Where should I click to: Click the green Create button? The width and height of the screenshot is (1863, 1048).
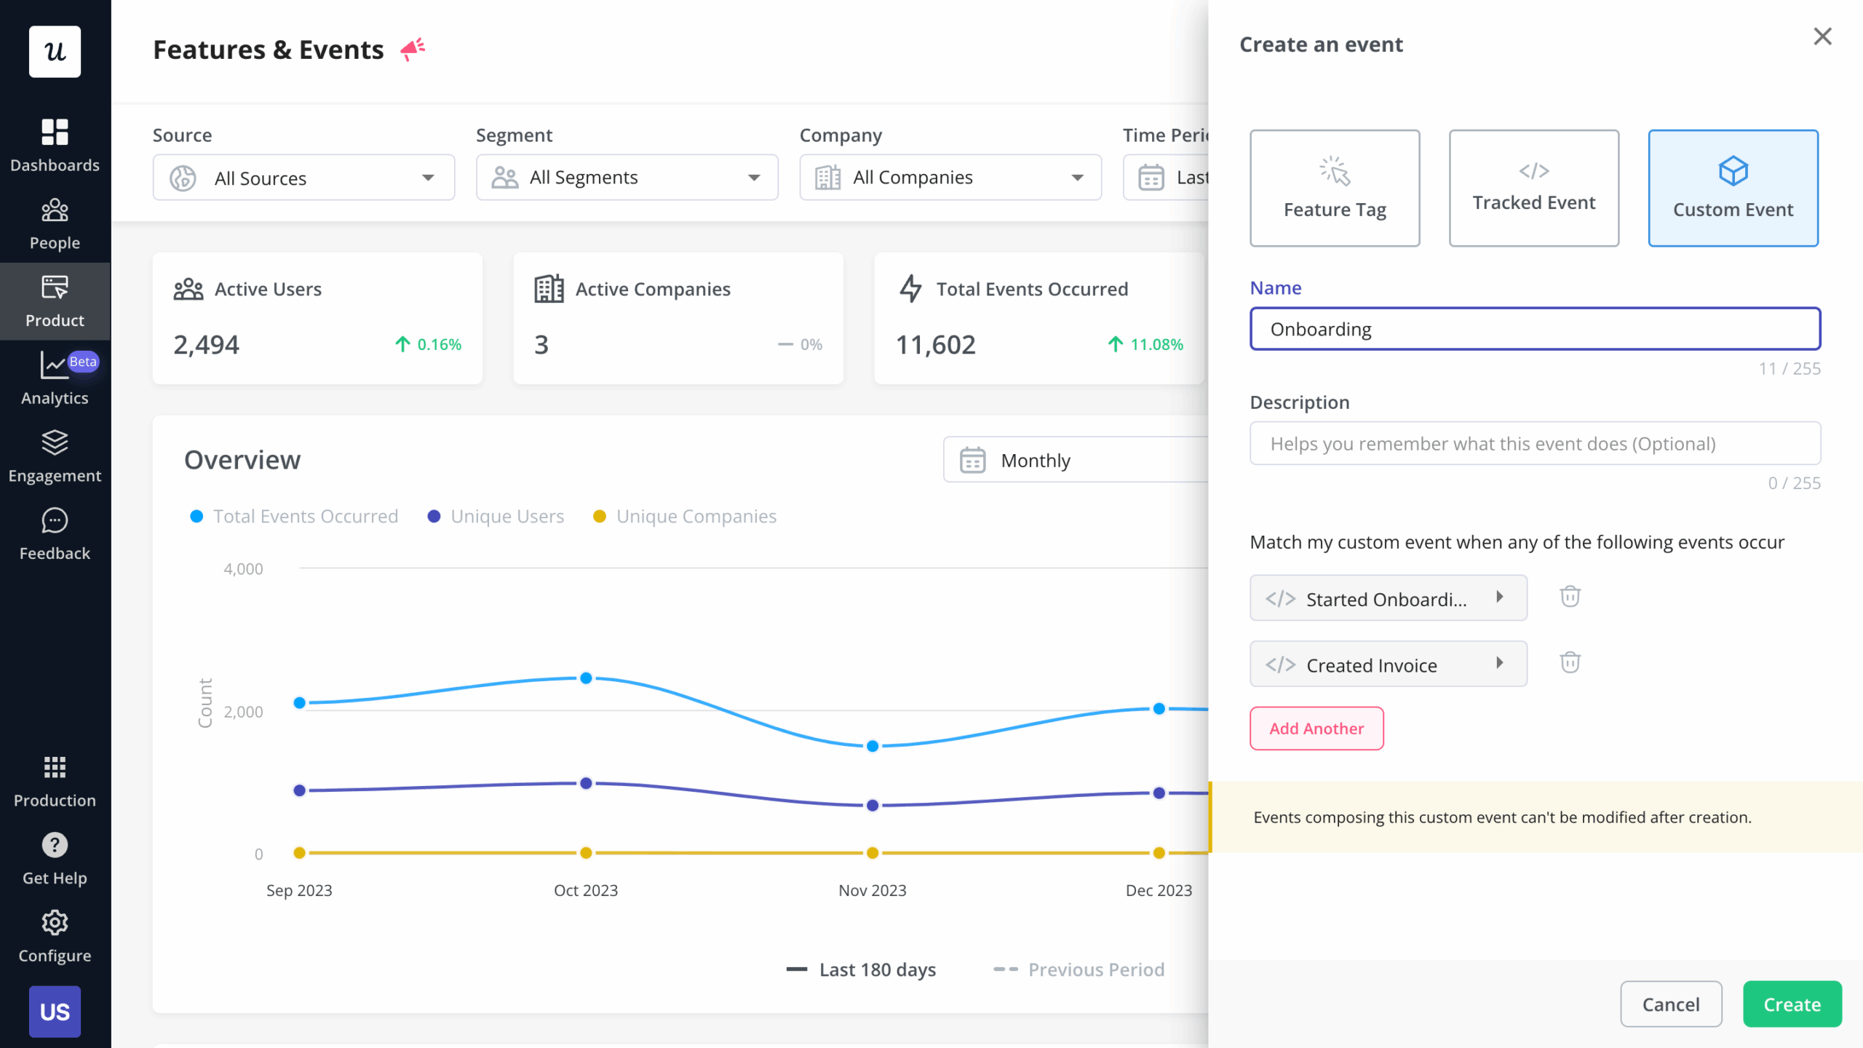1792,1004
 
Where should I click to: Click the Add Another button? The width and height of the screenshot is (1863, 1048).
1316,729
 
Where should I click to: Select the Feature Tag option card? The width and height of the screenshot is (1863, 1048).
1334,188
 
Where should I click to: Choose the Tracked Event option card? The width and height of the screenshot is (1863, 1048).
1533,188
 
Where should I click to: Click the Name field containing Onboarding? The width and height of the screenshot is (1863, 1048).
1535,329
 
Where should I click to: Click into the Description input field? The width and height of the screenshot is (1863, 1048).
1535,444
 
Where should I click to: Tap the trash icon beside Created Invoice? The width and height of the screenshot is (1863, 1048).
1570,663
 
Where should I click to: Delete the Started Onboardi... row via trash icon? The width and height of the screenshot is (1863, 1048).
1570,597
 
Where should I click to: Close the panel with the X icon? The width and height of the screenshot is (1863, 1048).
1822,36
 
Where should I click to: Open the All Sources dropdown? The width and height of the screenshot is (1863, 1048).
303,178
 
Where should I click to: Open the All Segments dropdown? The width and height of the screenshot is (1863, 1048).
627,178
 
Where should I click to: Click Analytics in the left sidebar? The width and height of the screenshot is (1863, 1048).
55,378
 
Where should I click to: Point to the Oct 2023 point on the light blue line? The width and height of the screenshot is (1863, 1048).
586,678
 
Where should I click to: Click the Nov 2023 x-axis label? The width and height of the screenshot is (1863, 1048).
872,890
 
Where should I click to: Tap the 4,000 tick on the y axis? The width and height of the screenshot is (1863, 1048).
243,569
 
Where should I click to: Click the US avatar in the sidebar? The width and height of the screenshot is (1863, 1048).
55,1012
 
